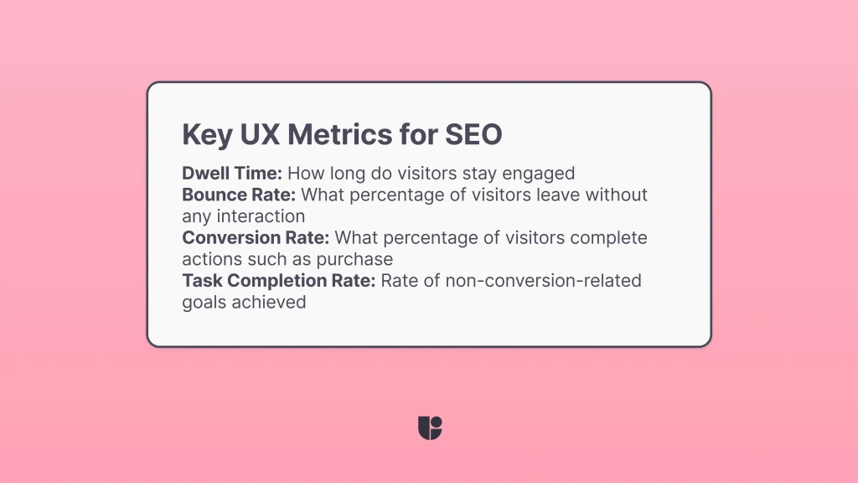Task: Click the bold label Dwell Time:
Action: click(x=232, y=174)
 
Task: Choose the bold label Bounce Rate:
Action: click(x=239, y=195)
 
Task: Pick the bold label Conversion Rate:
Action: click(x=255, y=238)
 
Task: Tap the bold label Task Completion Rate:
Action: click(x=279, y=281)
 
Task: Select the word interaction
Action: click(x=265, y=216)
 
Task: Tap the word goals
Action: click(x=203, y=302)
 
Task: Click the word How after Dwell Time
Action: click(x=307, y=174)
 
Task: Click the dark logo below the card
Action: click(x=429, y=428)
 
